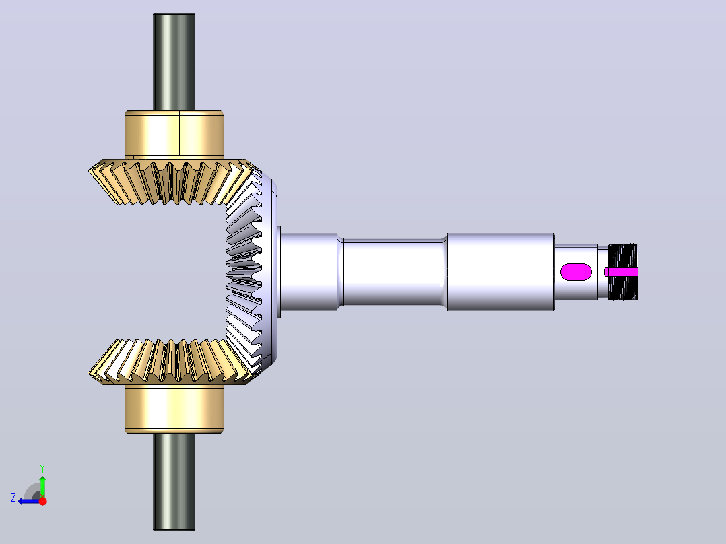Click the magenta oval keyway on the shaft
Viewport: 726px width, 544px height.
tap(576, 272)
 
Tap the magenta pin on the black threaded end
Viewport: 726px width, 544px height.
tap(622, 272)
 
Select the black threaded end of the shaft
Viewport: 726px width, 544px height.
tap(623, 272)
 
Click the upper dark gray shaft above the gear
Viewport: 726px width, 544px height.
tap(174, 62)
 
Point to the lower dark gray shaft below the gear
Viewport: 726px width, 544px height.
tap(174, 481)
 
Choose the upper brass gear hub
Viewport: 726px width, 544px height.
tap(174, 134)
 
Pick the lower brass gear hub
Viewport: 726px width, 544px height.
tap(174, 409)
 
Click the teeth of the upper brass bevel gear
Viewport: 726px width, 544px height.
tap(171, 182)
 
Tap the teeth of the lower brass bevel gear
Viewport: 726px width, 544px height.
tap(171, 362)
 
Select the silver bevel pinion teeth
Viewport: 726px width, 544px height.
tap(245, 272)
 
